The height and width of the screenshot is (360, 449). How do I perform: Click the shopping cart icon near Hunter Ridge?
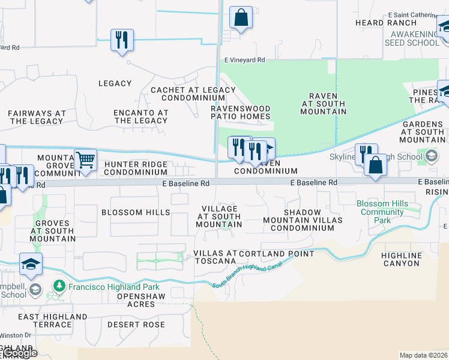coord(86,160)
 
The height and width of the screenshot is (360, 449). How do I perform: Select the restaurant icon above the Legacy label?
coord(122,40)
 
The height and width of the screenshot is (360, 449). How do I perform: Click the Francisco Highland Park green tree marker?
coord(59,286)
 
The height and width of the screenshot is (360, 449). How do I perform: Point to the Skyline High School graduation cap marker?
coord(431,157)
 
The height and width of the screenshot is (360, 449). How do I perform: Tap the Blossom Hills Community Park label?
coord(382,212)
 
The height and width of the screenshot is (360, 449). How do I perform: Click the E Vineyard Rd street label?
coord(244,60)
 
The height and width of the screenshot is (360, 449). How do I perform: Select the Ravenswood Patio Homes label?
coord(240,112)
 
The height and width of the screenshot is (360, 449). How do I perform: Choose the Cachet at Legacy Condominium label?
coord(193,94)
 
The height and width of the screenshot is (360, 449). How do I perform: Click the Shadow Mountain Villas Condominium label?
coord(302,216)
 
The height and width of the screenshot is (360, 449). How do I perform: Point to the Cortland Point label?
coord(277,254)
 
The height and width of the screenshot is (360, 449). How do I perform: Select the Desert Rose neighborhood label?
coord(136,325)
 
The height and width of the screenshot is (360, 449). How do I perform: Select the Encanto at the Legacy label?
coord(141,116)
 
